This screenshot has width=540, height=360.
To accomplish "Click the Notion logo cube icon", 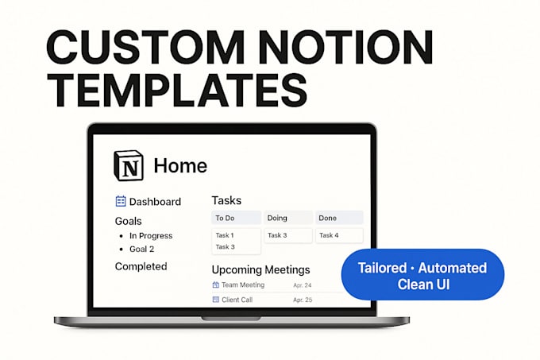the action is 129,165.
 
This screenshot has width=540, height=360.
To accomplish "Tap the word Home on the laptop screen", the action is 180,166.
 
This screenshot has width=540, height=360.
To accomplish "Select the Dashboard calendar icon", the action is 121,201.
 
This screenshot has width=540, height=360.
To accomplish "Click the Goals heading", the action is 128,221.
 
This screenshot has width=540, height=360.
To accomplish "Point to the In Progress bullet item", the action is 151,236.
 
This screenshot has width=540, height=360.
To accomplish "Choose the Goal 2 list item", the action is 141,249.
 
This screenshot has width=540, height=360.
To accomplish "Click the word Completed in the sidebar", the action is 141,266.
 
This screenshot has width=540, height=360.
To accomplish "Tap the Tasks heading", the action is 226,200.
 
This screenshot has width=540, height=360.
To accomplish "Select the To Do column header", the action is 237,218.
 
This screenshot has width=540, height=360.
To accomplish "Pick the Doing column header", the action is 288,218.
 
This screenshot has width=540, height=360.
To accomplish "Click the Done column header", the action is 339,218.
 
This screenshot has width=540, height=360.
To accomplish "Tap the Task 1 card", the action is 225,235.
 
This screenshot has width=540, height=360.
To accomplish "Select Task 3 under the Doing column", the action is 277,235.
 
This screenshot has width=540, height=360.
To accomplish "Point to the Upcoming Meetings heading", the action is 260,269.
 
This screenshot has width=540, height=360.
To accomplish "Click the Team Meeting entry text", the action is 243,285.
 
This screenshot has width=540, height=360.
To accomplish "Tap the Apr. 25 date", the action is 303,300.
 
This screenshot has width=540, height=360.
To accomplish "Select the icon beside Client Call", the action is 215,300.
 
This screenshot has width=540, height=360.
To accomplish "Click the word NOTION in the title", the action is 345,47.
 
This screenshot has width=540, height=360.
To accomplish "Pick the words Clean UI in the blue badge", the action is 423,285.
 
